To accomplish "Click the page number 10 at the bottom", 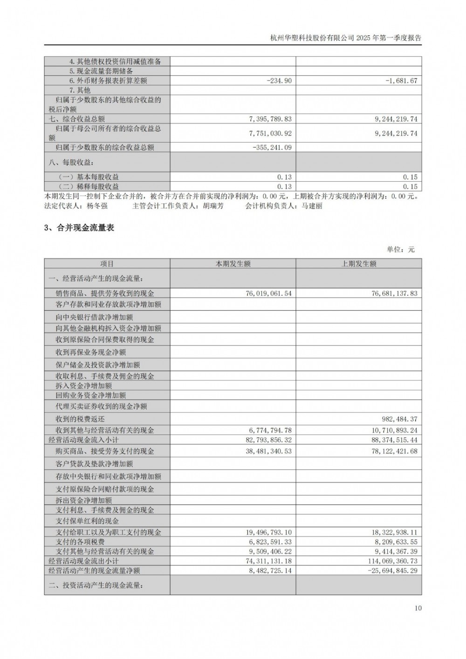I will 418,608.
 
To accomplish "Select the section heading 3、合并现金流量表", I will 79,228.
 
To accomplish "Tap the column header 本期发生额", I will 233,264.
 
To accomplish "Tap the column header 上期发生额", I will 358,264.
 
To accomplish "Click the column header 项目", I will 107,264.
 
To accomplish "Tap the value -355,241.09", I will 272,148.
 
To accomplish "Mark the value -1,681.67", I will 401,81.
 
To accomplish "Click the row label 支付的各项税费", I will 80,542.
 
